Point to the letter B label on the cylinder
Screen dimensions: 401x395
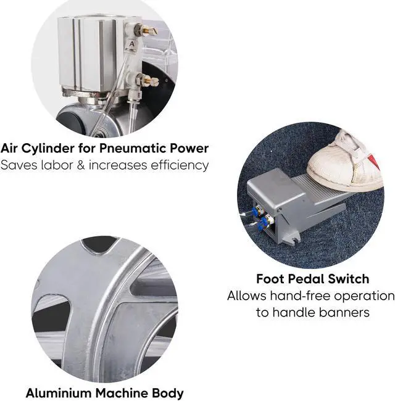(x=139, y=96)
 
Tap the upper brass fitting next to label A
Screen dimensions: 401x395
(x=147, y=30)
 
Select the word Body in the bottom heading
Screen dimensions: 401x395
(x=167, y=392)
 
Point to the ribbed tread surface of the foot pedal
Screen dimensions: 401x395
(x=321, y=197)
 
